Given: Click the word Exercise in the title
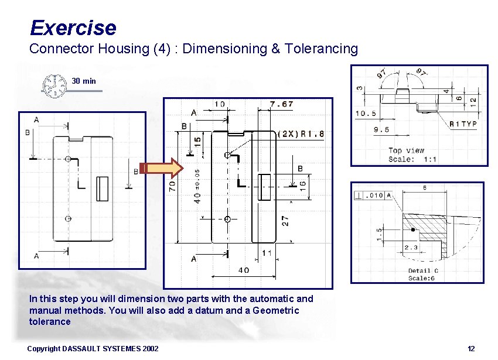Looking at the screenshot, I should click(x=73, y=28).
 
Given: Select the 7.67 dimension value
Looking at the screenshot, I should click(x=282, y=104).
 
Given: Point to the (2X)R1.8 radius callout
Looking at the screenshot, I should click(x=301, y=133).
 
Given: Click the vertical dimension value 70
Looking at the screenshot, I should click(x=172, y=186).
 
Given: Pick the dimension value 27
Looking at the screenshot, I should click(x=285, y=221).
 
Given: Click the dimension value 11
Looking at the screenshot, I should click(x=267, y=253).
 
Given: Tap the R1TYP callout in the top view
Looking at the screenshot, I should click(x=463, y=124).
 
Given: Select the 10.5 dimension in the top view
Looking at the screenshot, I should click(x=366, y=114).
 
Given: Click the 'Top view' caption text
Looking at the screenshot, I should click(x=404, y=150).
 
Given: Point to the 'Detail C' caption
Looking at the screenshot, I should click(x=423, y=270).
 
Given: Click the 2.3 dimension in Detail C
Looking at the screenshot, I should click(x=411, y=248).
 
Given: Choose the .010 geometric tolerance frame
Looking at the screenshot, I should click(x=373, y=196).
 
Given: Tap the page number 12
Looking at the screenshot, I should click(x=471, y=349).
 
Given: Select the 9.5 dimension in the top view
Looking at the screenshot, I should click(x=381, y=130).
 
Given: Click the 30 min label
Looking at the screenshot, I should click(x=84, y=81).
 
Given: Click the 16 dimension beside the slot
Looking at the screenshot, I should click(x=303, y=184).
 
